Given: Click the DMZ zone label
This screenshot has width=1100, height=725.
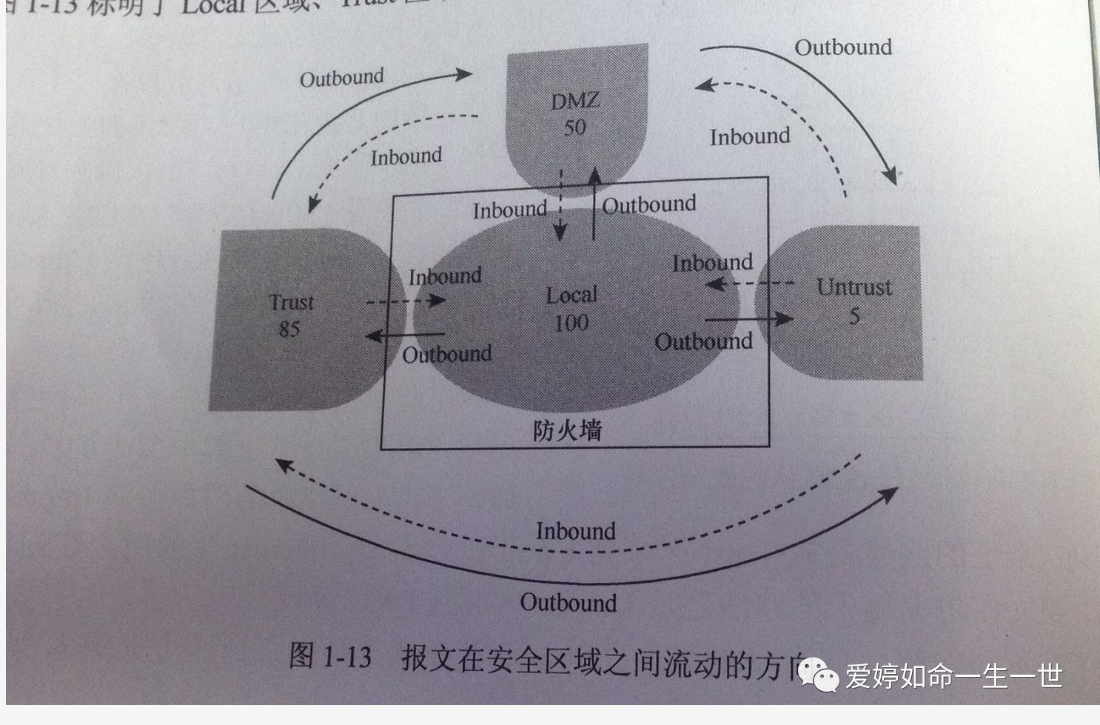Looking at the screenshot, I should (x=575, y=101).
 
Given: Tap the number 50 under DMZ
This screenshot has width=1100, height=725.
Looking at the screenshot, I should (x=575, y=127).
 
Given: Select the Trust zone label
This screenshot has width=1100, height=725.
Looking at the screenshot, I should (x=292, y=302).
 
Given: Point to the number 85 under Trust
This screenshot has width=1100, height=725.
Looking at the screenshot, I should (x=289, y=329).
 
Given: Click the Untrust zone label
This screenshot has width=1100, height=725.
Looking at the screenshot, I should (x=854, y=287).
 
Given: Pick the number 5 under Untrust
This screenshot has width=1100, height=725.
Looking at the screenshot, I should (x=854, y=316).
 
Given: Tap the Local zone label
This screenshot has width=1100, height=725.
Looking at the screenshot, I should (x=571, y=295).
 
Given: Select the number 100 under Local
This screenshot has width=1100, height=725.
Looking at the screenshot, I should (x=571, y=323).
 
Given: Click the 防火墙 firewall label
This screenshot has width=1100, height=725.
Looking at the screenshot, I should (x=568, y=430).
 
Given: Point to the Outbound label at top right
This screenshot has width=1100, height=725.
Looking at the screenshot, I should (x=843, y=47).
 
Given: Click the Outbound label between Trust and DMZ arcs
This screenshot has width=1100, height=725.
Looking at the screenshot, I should (x=341, y=78).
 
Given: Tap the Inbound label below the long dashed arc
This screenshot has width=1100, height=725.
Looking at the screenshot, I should (x=576, y=531).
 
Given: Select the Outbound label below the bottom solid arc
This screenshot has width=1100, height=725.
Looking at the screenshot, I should (x=569, y=603).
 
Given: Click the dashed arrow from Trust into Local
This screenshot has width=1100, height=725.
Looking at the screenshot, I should (x=406, y=301).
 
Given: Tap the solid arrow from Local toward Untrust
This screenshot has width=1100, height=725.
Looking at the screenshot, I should (x=748, y=319).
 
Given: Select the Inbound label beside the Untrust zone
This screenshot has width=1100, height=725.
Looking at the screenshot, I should (x=712, y=263).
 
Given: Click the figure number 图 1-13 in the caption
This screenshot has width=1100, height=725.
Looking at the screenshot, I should (x=330, y=656).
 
